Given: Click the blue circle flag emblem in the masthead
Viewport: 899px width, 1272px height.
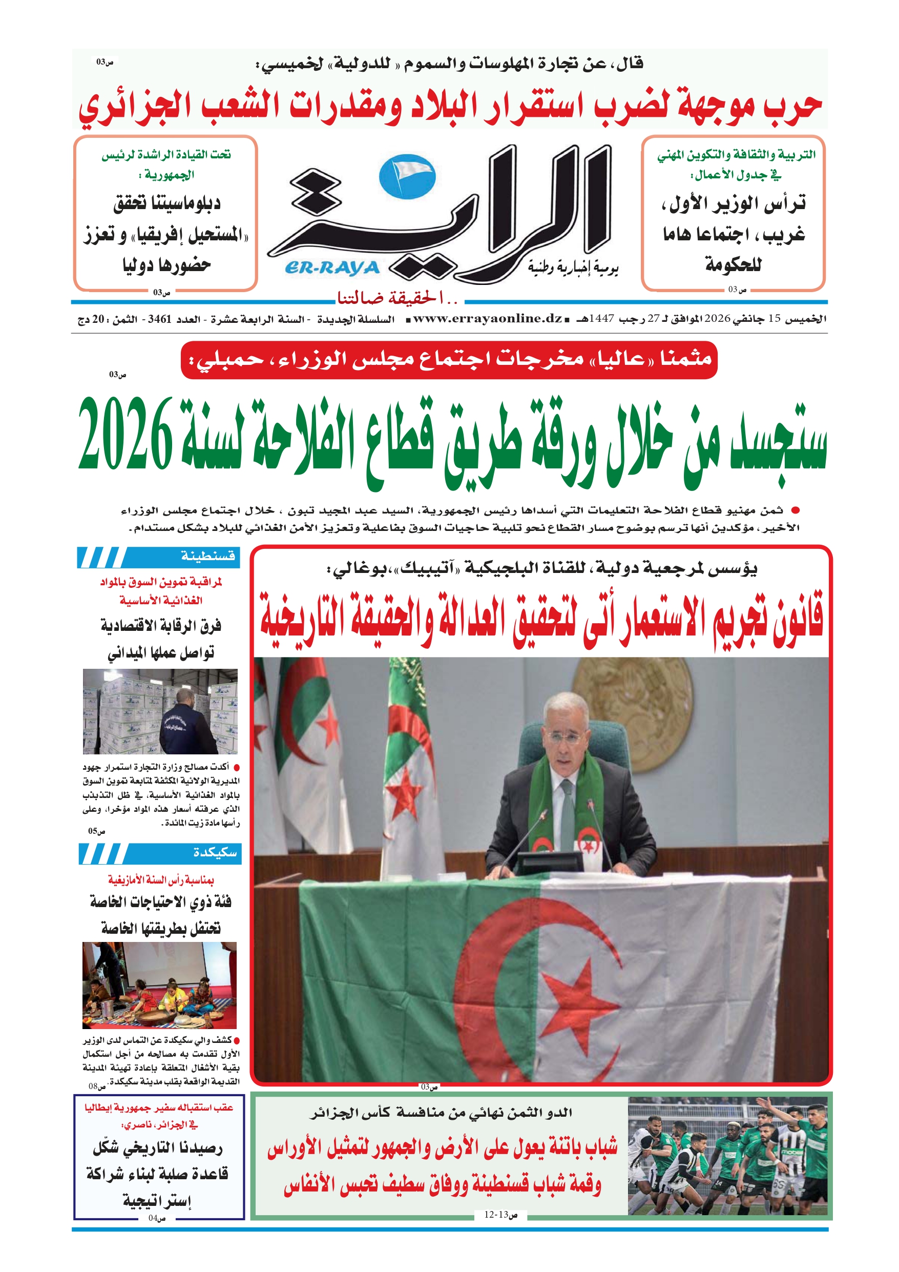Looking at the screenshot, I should pos(407,177).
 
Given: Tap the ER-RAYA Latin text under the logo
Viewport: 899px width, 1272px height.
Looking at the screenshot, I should pos(332,268).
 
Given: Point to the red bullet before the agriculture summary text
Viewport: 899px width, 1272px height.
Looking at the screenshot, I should pos(796,510).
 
